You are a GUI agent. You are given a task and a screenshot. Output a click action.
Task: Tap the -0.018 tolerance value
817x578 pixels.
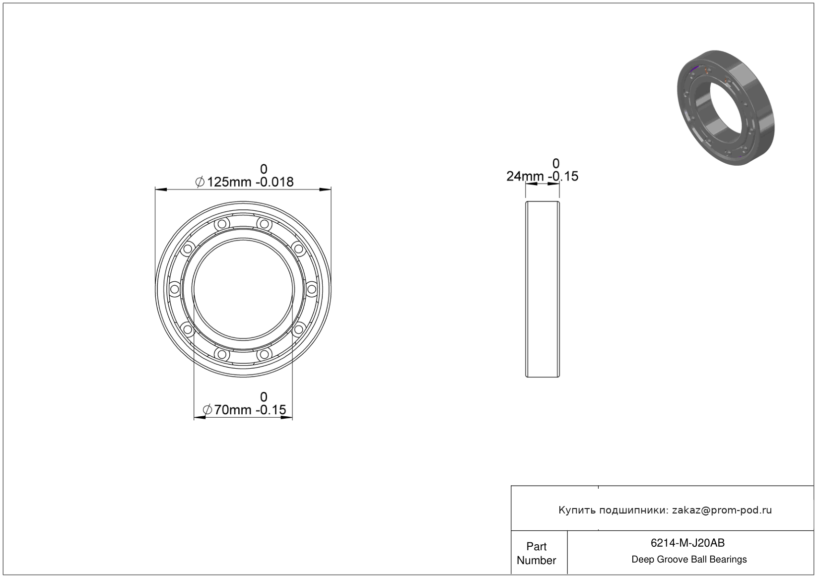pos(274,182)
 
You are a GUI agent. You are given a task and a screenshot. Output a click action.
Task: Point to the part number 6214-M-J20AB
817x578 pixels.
pos(687,543)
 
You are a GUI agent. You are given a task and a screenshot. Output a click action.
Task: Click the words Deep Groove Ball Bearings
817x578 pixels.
pos(689,560)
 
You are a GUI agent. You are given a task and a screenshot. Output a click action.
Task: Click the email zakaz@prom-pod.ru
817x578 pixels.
pos(722,510)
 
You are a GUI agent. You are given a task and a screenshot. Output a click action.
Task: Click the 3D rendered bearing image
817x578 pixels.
pos(726,108)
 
